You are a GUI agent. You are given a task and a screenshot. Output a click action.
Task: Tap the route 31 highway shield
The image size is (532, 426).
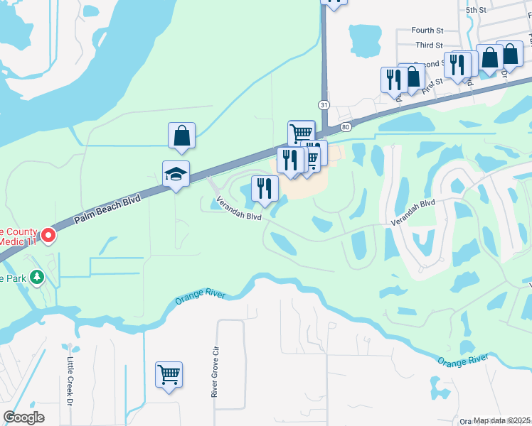coord(324,104)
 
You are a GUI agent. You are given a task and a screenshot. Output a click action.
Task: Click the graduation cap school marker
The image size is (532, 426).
coord(176,175)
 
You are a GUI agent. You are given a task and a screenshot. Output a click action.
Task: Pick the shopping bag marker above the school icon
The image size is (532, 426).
coord(181,135)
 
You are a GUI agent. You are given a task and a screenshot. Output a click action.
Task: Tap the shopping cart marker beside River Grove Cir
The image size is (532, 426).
coord(169,374)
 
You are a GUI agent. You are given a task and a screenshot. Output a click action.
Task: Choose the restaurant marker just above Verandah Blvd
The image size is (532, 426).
coord(264,189)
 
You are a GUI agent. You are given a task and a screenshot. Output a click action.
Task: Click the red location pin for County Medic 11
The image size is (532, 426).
coord(48,234)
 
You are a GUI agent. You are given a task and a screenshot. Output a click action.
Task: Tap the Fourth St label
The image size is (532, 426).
coord(427,31)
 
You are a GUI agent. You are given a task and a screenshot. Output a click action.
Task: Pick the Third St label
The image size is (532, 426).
coord(429,45)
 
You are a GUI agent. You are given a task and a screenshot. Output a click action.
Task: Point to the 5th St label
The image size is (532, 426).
coord(475,11)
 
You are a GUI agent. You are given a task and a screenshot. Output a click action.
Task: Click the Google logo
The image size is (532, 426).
coord(23,417)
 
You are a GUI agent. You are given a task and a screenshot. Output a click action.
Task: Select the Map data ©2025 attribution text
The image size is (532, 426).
coord(502,420)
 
